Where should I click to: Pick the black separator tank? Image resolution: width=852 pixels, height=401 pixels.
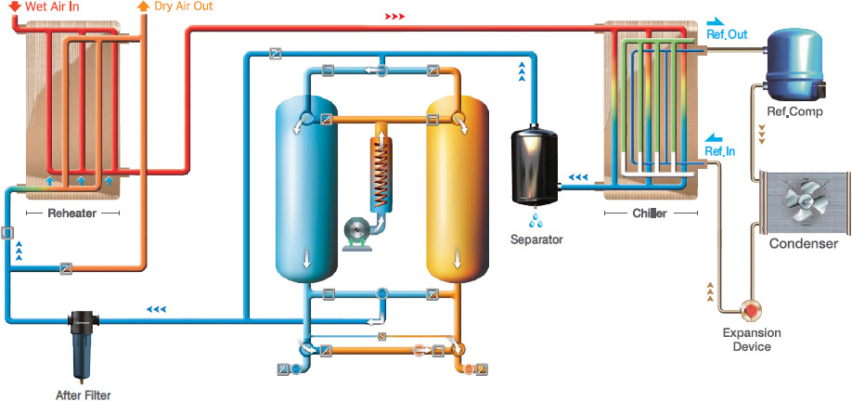535,166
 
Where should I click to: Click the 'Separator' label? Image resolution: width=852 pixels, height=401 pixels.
536,239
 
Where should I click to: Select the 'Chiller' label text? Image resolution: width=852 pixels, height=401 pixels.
650,213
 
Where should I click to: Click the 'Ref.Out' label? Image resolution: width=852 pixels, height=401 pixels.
725,34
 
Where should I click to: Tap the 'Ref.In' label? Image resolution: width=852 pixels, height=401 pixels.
720,149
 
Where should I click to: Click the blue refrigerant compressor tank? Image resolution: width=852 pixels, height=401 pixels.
794,62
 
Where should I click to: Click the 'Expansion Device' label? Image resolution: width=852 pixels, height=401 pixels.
752,340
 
